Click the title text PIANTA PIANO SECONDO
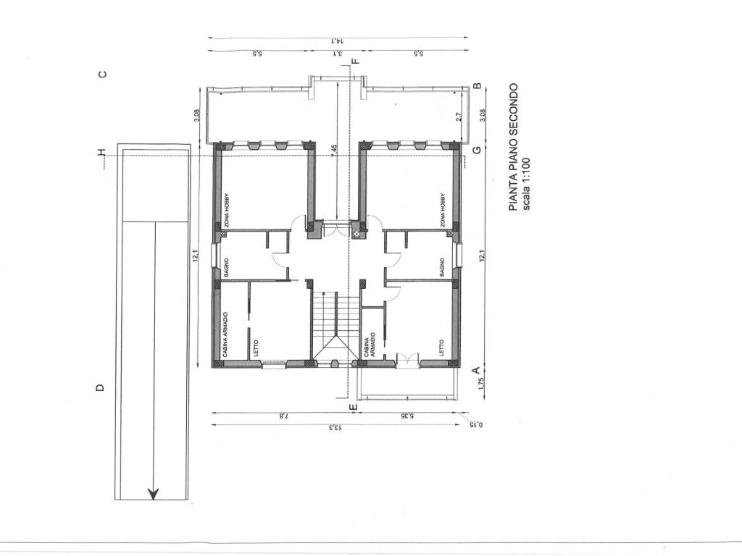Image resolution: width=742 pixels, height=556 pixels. pos(514,147)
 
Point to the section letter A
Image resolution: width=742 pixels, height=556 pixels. pos(477,370)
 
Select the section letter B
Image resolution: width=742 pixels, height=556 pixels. pos(478,86)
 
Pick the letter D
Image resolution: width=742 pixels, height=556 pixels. pos(100,388)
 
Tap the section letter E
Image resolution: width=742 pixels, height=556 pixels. pos(353,407)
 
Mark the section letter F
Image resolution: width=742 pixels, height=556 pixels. pos(356,61)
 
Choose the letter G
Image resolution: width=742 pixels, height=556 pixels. pos(477,150)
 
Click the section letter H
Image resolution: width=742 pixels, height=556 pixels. pos(101,152)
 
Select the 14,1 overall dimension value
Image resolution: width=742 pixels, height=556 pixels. pos(336,41)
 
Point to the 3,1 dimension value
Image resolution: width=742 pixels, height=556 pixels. pos(338,54)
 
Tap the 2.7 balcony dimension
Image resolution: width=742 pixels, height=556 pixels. pos(459,117)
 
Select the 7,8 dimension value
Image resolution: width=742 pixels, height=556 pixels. pos(283,416)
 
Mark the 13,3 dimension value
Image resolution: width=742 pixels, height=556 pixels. pos(335,428)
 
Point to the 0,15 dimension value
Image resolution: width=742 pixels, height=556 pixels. pos(475,424)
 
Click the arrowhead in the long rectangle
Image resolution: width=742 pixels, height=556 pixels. pos(153,494)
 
